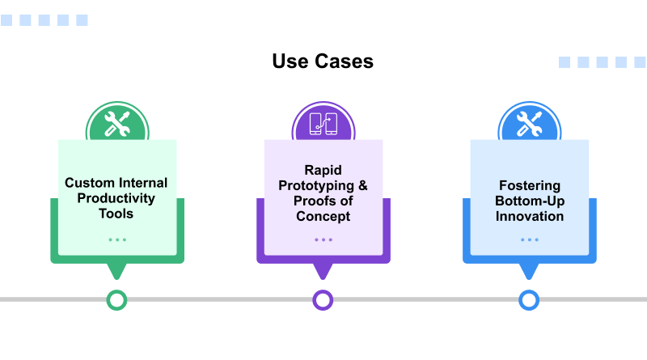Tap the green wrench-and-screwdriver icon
[117, 124]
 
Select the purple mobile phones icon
[323, 124]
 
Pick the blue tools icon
[529, 124]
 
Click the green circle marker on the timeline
[117, 300]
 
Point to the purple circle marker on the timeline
[323, 300]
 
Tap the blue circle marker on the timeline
[529, 300]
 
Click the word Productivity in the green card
[116, 198]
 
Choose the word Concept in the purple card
[323, 216]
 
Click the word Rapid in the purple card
[323, 170]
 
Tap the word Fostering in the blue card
[529, 185]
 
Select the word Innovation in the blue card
[529, 216]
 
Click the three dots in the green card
[117, 239]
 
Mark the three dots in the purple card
[323, 239]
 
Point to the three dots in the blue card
[529, 239]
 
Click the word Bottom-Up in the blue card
[529, 201]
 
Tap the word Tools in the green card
[117, 214]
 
